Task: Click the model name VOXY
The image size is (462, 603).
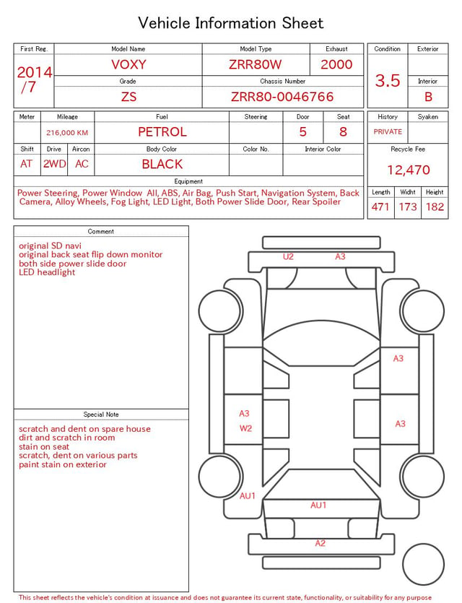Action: point(128,64)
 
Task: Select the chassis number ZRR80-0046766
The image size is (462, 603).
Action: point(282,97)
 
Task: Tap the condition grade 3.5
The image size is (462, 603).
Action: point(388,81)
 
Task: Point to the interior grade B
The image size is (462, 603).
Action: point(428,97)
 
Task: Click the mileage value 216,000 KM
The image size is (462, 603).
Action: point(67,133)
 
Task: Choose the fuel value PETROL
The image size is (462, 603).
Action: point(162,132)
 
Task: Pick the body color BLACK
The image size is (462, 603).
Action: point(162,164)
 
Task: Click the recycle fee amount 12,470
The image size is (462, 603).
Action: point(408,170)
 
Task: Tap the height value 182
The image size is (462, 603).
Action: point(435,207)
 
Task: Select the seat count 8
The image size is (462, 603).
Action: point(343,132)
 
